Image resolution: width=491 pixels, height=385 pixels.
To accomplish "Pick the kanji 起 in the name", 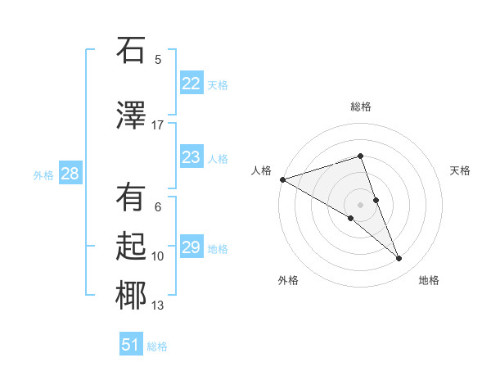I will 131,246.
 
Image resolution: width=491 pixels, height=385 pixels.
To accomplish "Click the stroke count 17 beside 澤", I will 158,125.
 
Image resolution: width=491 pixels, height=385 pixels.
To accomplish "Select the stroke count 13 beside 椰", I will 158,306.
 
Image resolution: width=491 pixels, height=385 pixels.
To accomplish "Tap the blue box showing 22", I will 191,84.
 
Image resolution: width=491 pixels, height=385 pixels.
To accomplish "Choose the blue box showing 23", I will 191,157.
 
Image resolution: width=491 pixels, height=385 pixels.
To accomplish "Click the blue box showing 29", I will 191,247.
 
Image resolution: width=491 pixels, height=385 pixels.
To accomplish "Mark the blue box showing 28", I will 69,174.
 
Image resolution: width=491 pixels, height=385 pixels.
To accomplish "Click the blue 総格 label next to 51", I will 157,346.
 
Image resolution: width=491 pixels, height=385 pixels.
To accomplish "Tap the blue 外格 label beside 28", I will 43,174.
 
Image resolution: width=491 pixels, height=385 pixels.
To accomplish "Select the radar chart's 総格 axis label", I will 361,106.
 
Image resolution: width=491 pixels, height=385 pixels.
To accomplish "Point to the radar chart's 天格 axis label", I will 461,170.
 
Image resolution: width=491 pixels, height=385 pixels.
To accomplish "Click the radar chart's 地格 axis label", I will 429,280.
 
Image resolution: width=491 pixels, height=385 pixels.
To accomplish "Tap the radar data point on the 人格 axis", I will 282,179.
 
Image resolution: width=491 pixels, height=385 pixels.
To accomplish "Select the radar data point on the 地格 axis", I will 399,259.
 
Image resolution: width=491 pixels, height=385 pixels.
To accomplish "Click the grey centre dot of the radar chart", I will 360,204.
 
